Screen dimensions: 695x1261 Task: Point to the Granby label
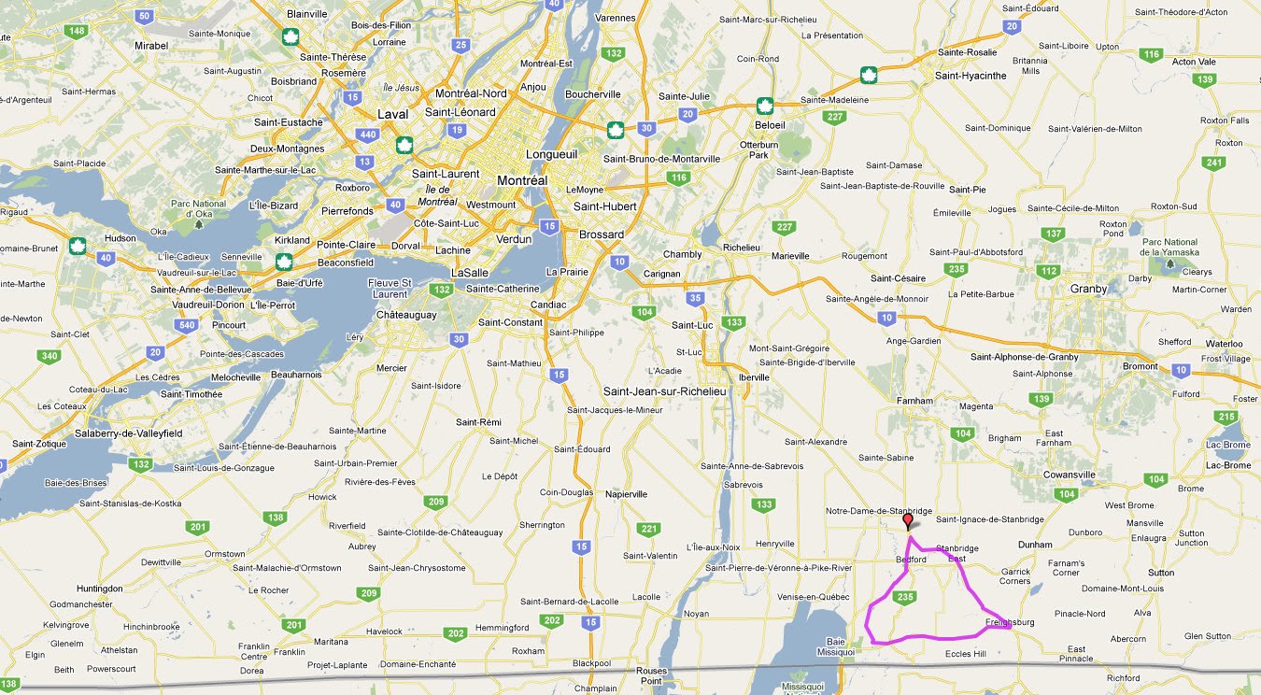click(x=1088, y=289)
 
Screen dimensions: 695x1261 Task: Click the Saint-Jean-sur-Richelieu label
click(x=664, y=391)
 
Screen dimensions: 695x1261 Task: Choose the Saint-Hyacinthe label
click(x=971, y=76)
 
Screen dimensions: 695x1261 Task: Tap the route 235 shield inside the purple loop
click(x=903, y=597)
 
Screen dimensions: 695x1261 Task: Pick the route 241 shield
click(x=1214, y=163)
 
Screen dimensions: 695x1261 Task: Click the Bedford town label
click(x=911, y=560)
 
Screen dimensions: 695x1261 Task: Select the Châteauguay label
click(x=406, y=315)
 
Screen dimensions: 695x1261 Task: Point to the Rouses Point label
click(x=651, y=675)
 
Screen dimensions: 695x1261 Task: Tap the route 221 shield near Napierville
click(x=648, y=530)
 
